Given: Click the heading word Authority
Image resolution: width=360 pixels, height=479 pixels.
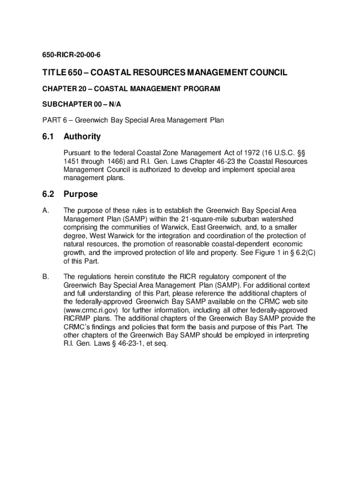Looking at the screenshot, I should pyautogui.click(x=82, y=137).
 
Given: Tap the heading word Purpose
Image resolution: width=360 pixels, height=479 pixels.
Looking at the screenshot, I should pyautogui.click(x=81, y=194).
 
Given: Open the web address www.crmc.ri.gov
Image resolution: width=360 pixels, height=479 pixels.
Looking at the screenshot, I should pyautogui.click(x=93, y=310).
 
